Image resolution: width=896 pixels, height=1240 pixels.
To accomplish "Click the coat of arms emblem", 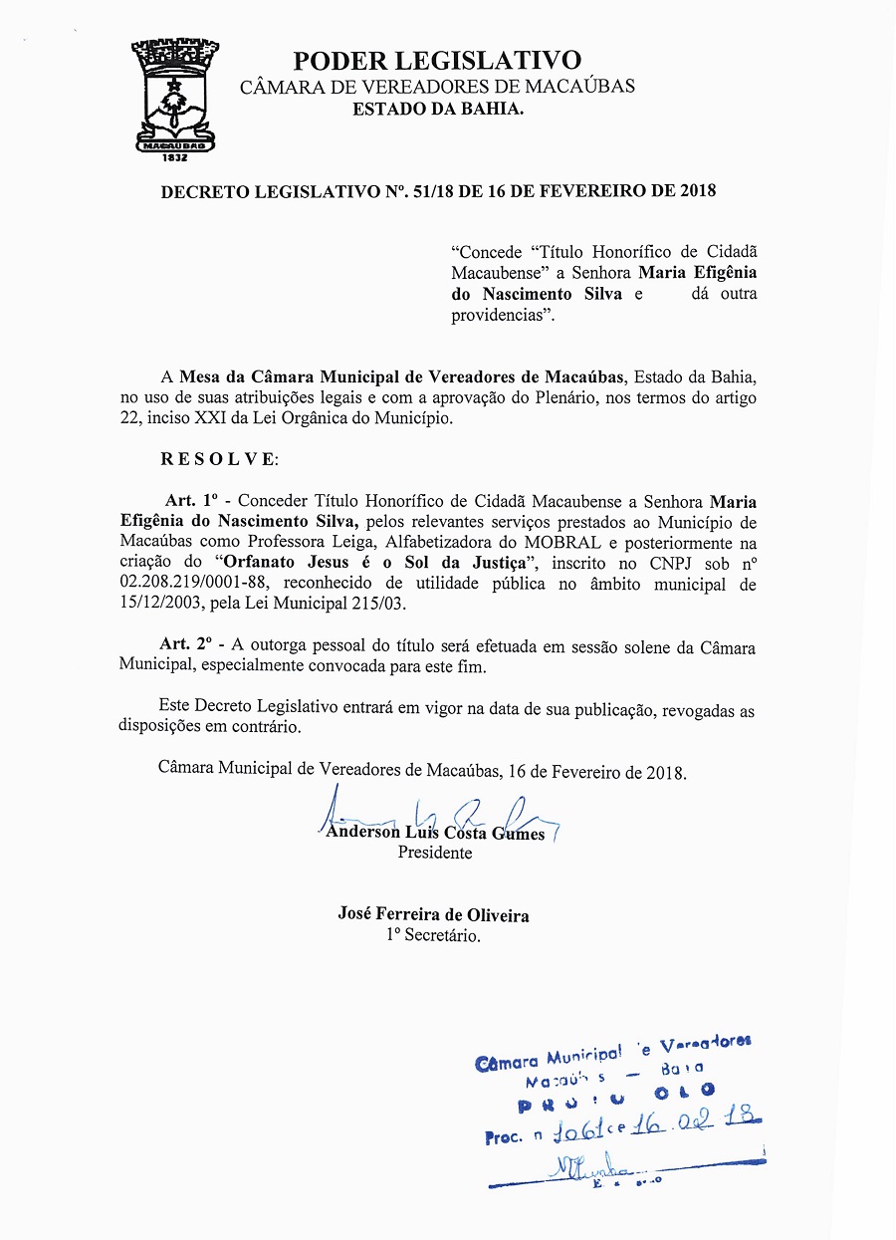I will tap(175, 95).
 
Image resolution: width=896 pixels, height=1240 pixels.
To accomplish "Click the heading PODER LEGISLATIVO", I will tap(437, 61).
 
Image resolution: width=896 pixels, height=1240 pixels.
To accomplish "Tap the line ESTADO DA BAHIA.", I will tap(437, 109).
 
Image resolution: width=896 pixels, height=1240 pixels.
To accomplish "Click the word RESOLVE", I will tap(219, 459).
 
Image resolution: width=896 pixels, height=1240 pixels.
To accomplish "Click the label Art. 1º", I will tap(195, 500).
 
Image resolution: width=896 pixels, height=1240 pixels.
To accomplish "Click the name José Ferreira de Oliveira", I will tap(434, 914).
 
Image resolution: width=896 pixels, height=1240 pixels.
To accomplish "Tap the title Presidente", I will tap(435, 853).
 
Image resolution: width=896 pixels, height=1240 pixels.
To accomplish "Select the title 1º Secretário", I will tap(434, 935).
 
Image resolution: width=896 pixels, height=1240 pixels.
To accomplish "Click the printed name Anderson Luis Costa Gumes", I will tap(435, 833).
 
